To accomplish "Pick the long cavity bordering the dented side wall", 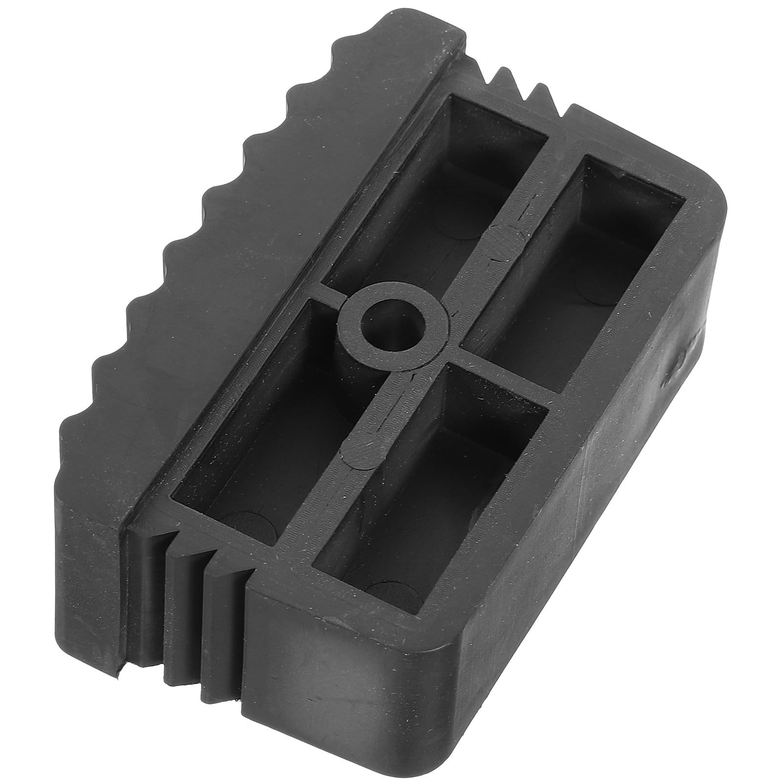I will [586, 254].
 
